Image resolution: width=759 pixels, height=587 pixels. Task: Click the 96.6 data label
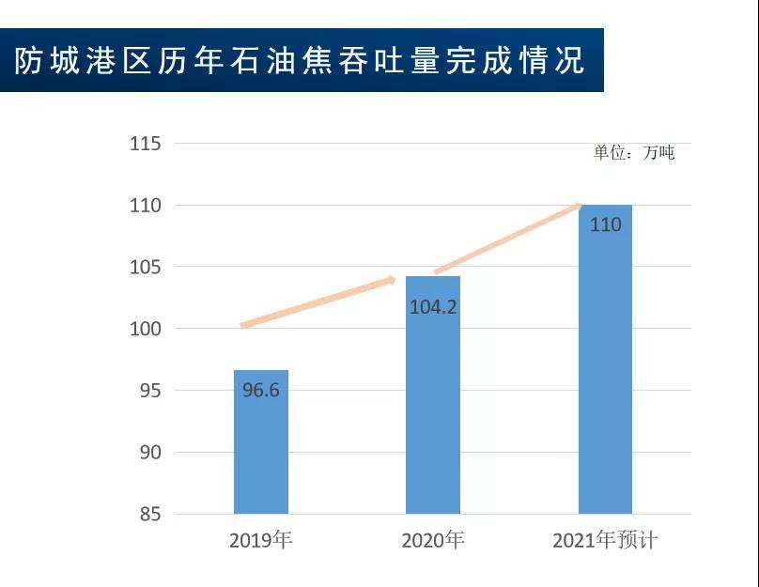pos(261,390)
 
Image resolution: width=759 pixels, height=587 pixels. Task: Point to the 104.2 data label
pos(433,306)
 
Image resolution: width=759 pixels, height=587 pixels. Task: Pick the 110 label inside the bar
pos(605,225)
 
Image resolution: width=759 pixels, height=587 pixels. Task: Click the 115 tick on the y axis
pos(145,144)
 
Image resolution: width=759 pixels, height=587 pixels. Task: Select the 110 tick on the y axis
pos(145,206)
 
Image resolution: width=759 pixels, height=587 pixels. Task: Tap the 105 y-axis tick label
pos(145,268)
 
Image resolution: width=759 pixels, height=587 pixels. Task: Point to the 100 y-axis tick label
pos(145,330)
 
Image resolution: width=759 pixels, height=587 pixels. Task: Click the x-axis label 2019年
pos(261,541)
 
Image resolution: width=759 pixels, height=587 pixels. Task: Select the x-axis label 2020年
pos(433,541)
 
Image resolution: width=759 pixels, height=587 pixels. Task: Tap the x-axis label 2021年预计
pos(605,541)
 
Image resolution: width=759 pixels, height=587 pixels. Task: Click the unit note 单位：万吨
pos(633,152)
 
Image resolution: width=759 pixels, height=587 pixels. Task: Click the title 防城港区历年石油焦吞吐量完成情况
pos(301,61)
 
